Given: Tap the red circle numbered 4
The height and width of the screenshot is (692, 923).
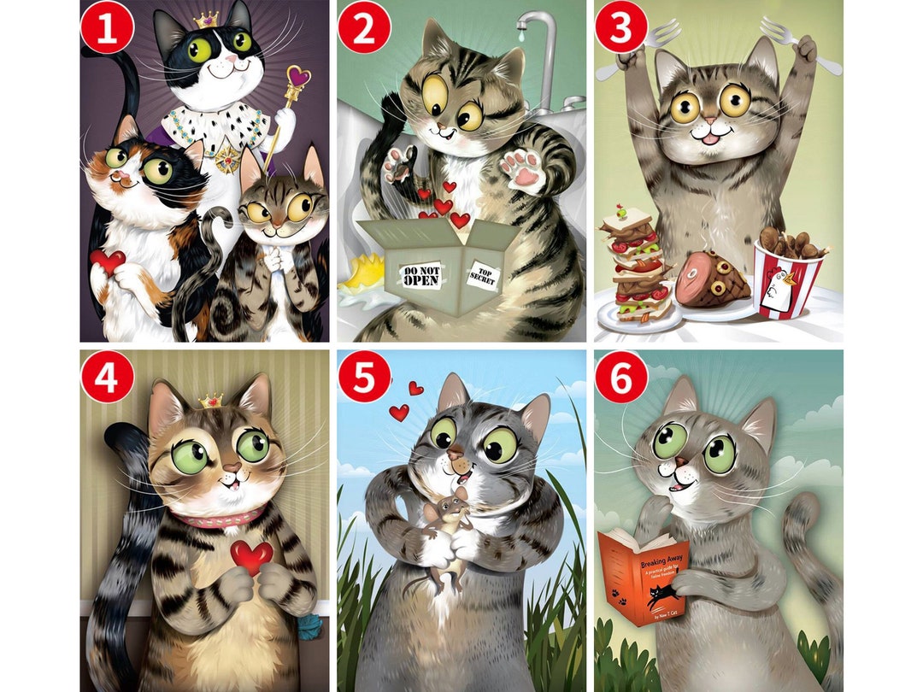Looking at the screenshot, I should (x=107, y=377).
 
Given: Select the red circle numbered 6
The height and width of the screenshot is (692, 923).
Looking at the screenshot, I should (x=621, y=377).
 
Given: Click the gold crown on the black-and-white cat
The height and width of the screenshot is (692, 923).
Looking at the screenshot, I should (x=206, y=19).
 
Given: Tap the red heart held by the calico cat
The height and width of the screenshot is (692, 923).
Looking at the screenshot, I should (x=108, y=261).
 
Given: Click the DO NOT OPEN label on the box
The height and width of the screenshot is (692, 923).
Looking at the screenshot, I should (x=420, y=274).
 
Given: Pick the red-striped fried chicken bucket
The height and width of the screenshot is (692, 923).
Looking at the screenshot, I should (x=786, y=279).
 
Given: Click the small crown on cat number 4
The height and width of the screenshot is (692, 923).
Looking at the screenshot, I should (x=210, y=400).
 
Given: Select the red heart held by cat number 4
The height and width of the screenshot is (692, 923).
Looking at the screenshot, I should (x=251, y=555).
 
